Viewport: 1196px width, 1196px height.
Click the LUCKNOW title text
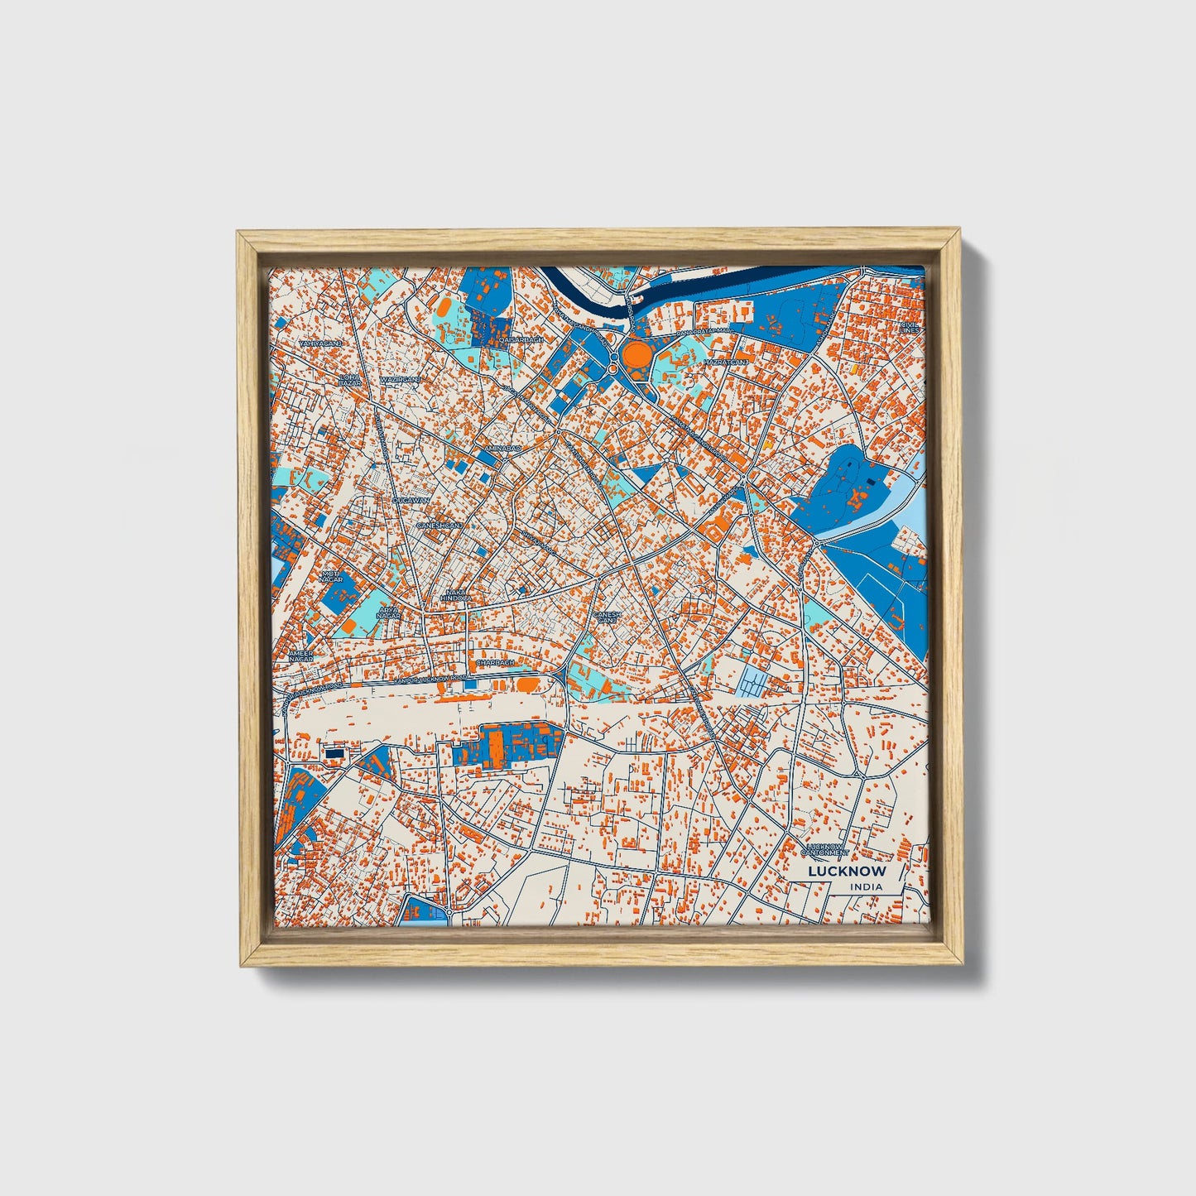click(x=847, y=871)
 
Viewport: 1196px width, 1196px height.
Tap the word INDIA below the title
click(x=865, y=887)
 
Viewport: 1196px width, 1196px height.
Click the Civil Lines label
click(x=909, y=328)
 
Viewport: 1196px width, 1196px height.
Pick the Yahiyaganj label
click(x=319, y=343)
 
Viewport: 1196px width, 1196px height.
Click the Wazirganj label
click(x=400, y=379)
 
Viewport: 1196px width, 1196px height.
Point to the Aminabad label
click(x=503, y=447)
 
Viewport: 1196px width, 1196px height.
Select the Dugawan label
click(x=411, y=501)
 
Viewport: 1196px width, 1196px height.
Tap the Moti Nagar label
click(x=331, y=576)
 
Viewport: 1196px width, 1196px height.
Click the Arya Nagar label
click(x=388, y=612)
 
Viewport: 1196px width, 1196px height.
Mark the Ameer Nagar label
click(x=300, y=656)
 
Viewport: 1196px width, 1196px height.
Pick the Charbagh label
click(x=495, y=663)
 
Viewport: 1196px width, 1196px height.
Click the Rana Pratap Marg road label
click(x=704, y=331)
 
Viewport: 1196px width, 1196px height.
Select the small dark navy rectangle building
click(x=334, y=754)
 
